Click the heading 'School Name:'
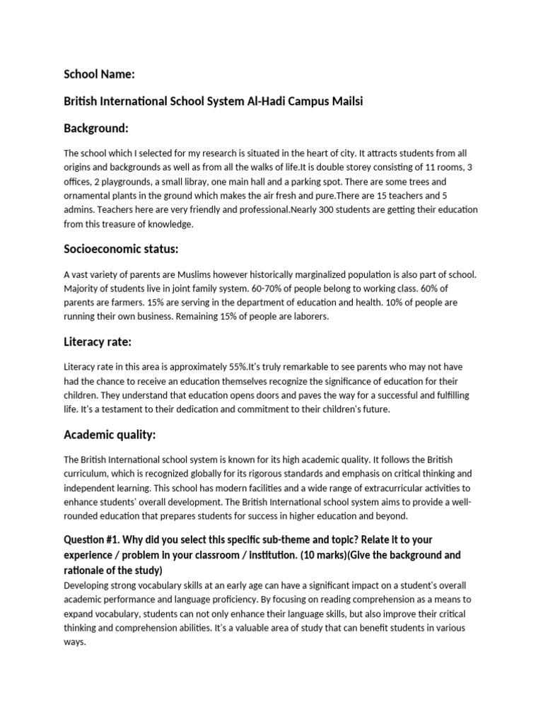[100, 74]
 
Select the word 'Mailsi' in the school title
[343, 101]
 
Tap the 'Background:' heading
[96, 128]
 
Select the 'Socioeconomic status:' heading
[121, 249]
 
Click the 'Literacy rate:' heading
[98, 342]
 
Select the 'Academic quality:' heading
[110, 434]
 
